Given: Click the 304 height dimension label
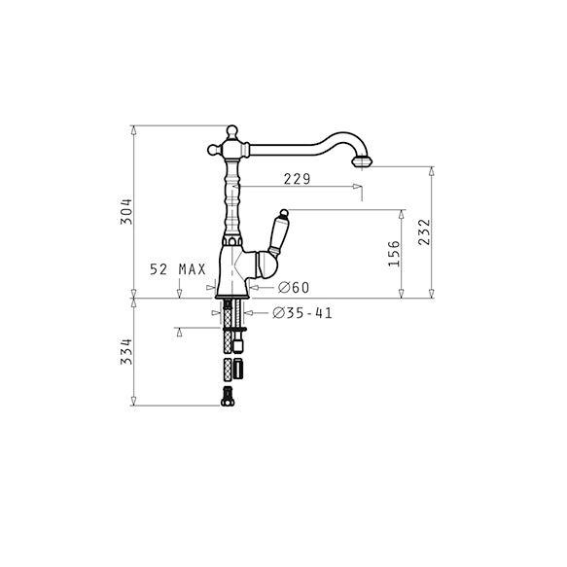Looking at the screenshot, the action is [126, 212].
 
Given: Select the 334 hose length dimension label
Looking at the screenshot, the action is [126, 351].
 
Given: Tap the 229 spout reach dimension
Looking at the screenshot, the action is [297, 179].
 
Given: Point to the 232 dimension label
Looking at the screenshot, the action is [425, 232].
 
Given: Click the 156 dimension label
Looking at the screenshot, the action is [394, 254].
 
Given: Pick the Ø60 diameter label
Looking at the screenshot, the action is [294, 288].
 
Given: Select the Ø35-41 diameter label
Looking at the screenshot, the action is [302, 313].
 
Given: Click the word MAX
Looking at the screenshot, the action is [192, 269].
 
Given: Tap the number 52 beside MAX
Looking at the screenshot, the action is [159, 269].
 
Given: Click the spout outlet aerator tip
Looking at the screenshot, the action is [362, 161].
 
